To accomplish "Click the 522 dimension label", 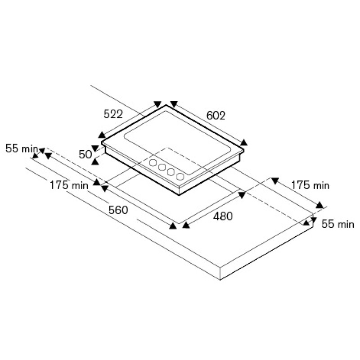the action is (113, 114).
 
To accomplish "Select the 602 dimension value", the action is (216, 116).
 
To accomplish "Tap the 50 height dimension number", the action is (85, 154).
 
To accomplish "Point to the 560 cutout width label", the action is (118, 210).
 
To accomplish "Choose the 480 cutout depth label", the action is (223, 216).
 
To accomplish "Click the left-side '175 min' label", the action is (69, 185).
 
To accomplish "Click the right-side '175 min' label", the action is (310, 185).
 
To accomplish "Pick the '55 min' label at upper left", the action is (22, 148).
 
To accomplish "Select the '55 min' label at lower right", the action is (338, 224).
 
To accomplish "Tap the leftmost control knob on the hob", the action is (153, 162).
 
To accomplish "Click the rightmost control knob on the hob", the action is (180, 176).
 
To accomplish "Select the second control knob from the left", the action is (162, 167).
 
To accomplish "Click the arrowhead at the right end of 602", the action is (244, 143).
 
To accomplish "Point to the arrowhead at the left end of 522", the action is (102, 135).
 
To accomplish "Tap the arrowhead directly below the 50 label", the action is (95, 162).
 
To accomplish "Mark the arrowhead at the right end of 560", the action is (173, 226).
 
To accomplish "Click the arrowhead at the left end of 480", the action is (186, 225).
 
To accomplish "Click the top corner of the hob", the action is (166, 105).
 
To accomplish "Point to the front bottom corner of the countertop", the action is (220, 280).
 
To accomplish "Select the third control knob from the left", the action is (171, 172).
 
